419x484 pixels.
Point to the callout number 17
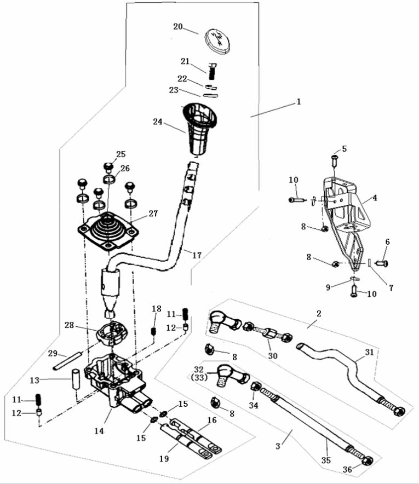(197, 255)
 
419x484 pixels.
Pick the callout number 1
(299, 102)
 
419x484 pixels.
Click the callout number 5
(345, 148)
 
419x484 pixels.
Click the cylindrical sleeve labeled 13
(76, 379)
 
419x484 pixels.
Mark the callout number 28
(70, 325)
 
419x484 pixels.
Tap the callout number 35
(326, 461)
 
